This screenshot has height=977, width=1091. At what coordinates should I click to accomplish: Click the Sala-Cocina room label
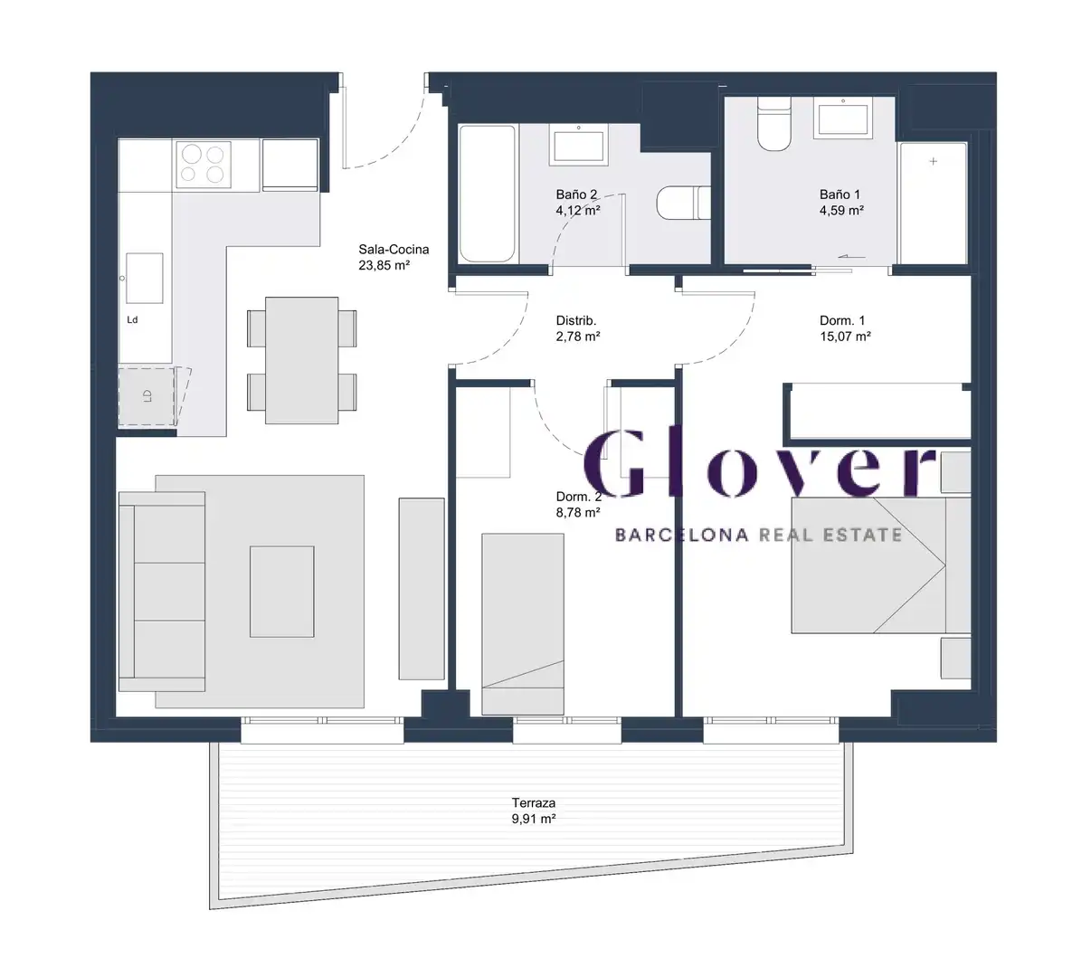pyautogui.click(x=394, y=250)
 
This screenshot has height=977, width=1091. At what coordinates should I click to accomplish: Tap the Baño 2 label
pyautogui.click(x=576, y=194)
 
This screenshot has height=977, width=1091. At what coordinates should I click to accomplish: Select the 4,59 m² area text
pyautogui.click(x=841, y=210)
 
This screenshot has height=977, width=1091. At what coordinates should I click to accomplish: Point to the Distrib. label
pyautogui.click(x=575, y=320)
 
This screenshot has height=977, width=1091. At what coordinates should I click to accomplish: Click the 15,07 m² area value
pyautogui.click(x=845, y=337)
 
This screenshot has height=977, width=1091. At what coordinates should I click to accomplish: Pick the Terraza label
pyautogui.click(x=533, y=803)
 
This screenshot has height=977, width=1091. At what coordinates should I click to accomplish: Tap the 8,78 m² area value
pyautogui.click(x=578, y=513)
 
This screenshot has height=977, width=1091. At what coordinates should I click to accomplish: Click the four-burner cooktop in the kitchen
pyautogui.click(x=204, y=165)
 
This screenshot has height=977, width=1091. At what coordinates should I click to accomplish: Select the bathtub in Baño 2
pyautogui.click(x=487, y=194)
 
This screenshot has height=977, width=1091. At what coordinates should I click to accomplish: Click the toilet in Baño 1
pyautogui.click(x=773, y=124)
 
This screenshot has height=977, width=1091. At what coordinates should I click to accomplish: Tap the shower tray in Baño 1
pyautogui.click(x=934, y=204)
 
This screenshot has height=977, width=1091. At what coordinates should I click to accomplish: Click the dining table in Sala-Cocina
pyautogui.click(x=301, y=360)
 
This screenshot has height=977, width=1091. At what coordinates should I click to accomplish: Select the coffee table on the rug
pyautogui.click(x=281, y=592)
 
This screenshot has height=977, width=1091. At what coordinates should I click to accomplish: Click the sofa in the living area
pyautogui.click(x=162, y=592)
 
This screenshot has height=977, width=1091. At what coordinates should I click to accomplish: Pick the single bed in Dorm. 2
pyautogui.click(x=523, y=624)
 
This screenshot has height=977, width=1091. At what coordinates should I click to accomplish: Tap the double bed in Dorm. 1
pyautogui.click(x=881, y=565)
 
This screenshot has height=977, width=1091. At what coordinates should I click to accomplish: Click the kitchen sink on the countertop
pyautogui.click(x=145, y=278)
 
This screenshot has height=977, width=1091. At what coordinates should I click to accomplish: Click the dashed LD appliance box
pyautogui.click(x=147, y=396)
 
